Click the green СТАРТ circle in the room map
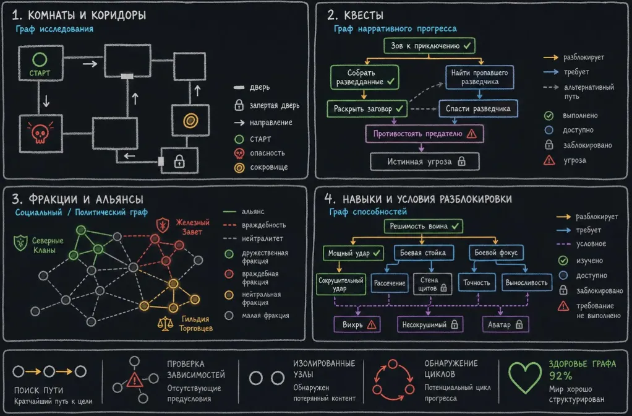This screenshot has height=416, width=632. click(x=40, y=59)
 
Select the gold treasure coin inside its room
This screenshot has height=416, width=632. click(x=190, y=120)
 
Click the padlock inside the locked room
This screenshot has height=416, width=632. click(x=179, y=162)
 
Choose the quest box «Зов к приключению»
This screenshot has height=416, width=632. click(x=429, y=46)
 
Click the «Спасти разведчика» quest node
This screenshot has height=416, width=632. click(x=478, y=108)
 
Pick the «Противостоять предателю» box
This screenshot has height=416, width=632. click(x=424, y=134)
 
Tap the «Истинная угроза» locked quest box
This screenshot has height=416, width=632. click(x=425, y=162)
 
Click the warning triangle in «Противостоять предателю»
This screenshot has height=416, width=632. click(x=472, y=134)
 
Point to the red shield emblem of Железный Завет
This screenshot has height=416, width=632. click(x=163, y=224)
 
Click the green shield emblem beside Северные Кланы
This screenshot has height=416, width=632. click(x=20, y=243)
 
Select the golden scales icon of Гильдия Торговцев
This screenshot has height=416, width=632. click(x=165, y=324)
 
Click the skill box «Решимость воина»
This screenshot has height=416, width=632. click(x=424, y=227)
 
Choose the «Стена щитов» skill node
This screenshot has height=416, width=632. click(x=432, y=284)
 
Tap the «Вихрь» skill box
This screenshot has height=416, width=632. click(x=357, y=324)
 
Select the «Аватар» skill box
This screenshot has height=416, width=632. click(x=505, y=324)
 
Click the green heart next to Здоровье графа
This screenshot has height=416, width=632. click(x=525, y=377)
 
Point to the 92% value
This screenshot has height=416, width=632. click(x=560, y=376)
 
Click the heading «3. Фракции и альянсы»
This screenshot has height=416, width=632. click(x=77, y=199)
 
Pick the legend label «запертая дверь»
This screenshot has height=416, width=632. click(x=274, y=106)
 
